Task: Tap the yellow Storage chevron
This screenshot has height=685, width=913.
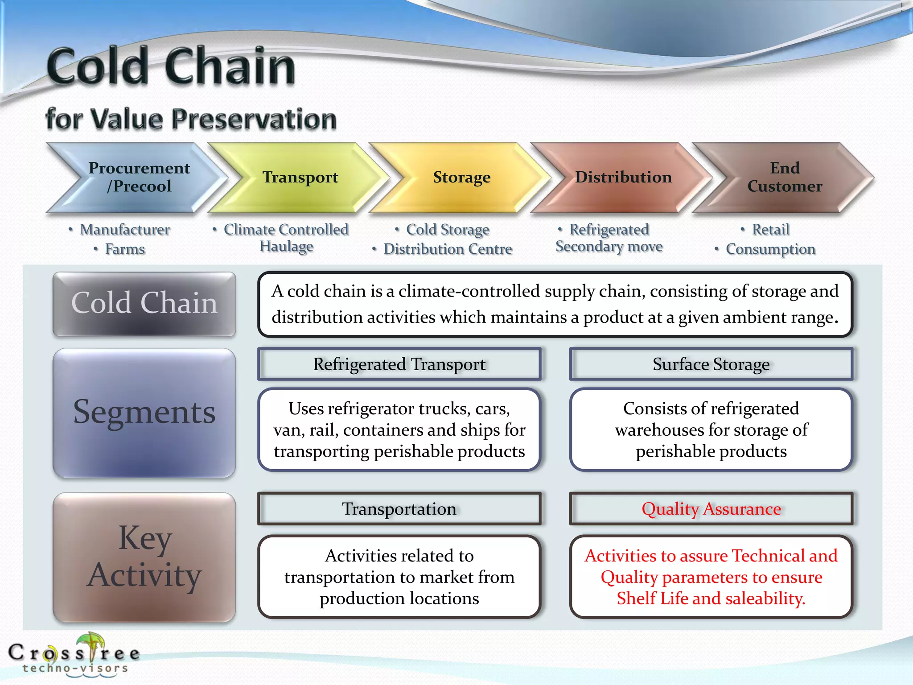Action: [x=461, y=177]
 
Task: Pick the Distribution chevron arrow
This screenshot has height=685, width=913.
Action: [x=623, y=177]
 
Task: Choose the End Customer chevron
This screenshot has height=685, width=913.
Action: [x=785, y=177]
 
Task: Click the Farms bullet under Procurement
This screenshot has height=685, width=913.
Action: [x=125, y=249]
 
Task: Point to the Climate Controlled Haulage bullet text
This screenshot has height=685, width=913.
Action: [x=286, y=238]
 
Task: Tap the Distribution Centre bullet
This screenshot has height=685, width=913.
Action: [x=448, y=249]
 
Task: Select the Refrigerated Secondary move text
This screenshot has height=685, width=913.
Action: [x=609, y=238]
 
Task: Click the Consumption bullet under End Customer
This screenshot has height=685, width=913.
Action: [x=770, y=249]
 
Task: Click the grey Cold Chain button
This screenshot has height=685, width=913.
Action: [x=144, y=304]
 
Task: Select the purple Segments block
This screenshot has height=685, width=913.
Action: [x=144, y=413]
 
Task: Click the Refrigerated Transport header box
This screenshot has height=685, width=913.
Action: [x=399, y=364]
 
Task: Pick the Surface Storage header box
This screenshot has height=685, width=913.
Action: [x=711, y=364]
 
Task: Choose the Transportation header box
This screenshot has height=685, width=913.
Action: [x=399, y=508]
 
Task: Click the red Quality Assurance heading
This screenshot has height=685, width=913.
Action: [x=711, y=508]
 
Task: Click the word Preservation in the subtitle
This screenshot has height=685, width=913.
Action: [x=254, y=120]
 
